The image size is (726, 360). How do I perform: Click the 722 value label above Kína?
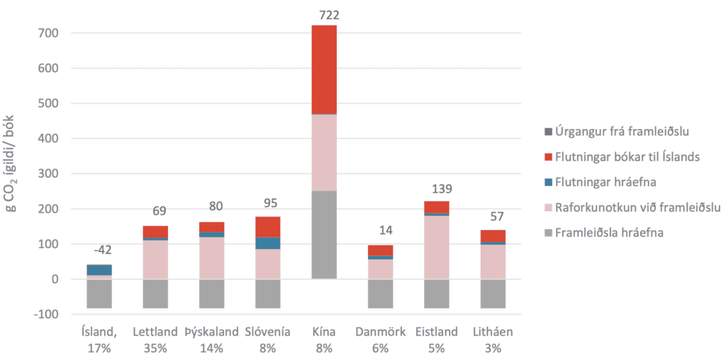[325, 14]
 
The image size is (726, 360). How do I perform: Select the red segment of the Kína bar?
[325, 69]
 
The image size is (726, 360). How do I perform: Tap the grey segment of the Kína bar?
[325, 235]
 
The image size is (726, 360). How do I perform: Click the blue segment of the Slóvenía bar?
[269, 243]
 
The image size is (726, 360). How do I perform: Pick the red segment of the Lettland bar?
[155, 232]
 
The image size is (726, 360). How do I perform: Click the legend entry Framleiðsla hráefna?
[608, 231]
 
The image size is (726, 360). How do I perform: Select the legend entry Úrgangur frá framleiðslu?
[613, 132]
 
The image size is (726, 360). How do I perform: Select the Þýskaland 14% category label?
[211, 339]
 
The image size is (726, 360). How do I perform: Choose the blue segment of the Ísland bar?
[99, 270]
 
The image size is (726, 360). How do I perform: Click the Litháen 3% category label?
[493, 339]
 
